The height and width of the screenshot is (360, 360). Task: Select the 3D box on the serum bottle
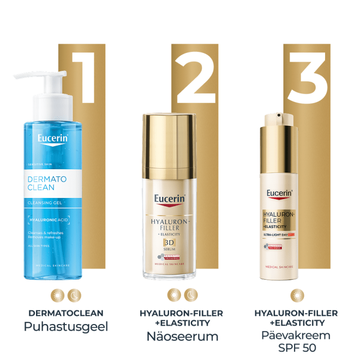[170, 243]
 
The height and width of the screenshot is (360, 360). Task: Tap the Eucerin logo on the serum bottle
[170, 199]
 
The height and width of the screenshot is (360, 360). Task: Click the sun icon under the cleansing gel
[58, 296]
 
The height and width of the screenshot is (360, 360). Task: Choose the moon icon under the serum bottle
[190, 296]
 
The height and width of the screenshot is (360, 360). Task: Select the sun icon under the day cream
[296, 296]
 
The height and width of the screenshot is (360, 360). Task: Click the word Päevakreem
[296, 336]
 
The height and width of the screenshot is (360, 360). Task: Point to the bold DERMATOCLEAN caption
[66, 313]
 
